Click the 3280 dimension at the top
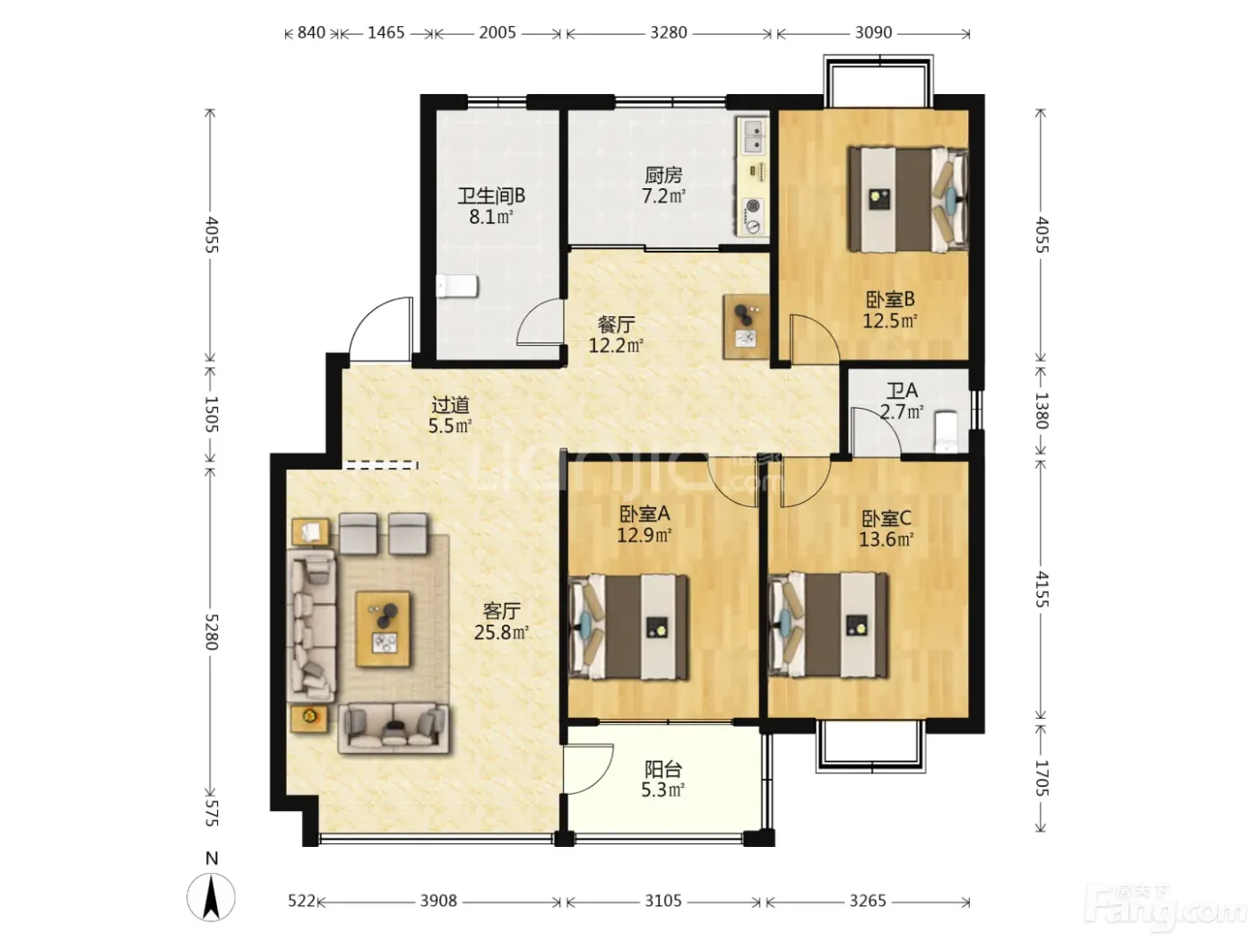coord(668,32)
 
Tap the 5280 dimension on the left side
coord(211,632)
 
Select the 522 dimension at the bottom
coord(301,901)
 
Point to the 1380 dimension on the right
coord(1041,410)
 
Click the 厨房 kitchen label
coord(663,175)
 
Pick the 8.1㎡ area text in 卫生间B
coord(490,217)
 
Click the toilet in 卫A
coord(945,431)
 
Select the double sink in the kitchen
coord(752,136)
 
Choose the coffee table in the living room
coord(383,629)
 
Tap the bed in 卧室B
coord(907,199)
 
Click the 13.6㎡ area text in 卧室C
coord(886,540)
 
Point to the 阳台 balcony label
coord(662,769)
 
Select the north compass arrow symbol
coord(211,897)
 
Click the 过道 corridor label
coord(450,405)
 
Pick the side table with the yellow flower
coord(309,718)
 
